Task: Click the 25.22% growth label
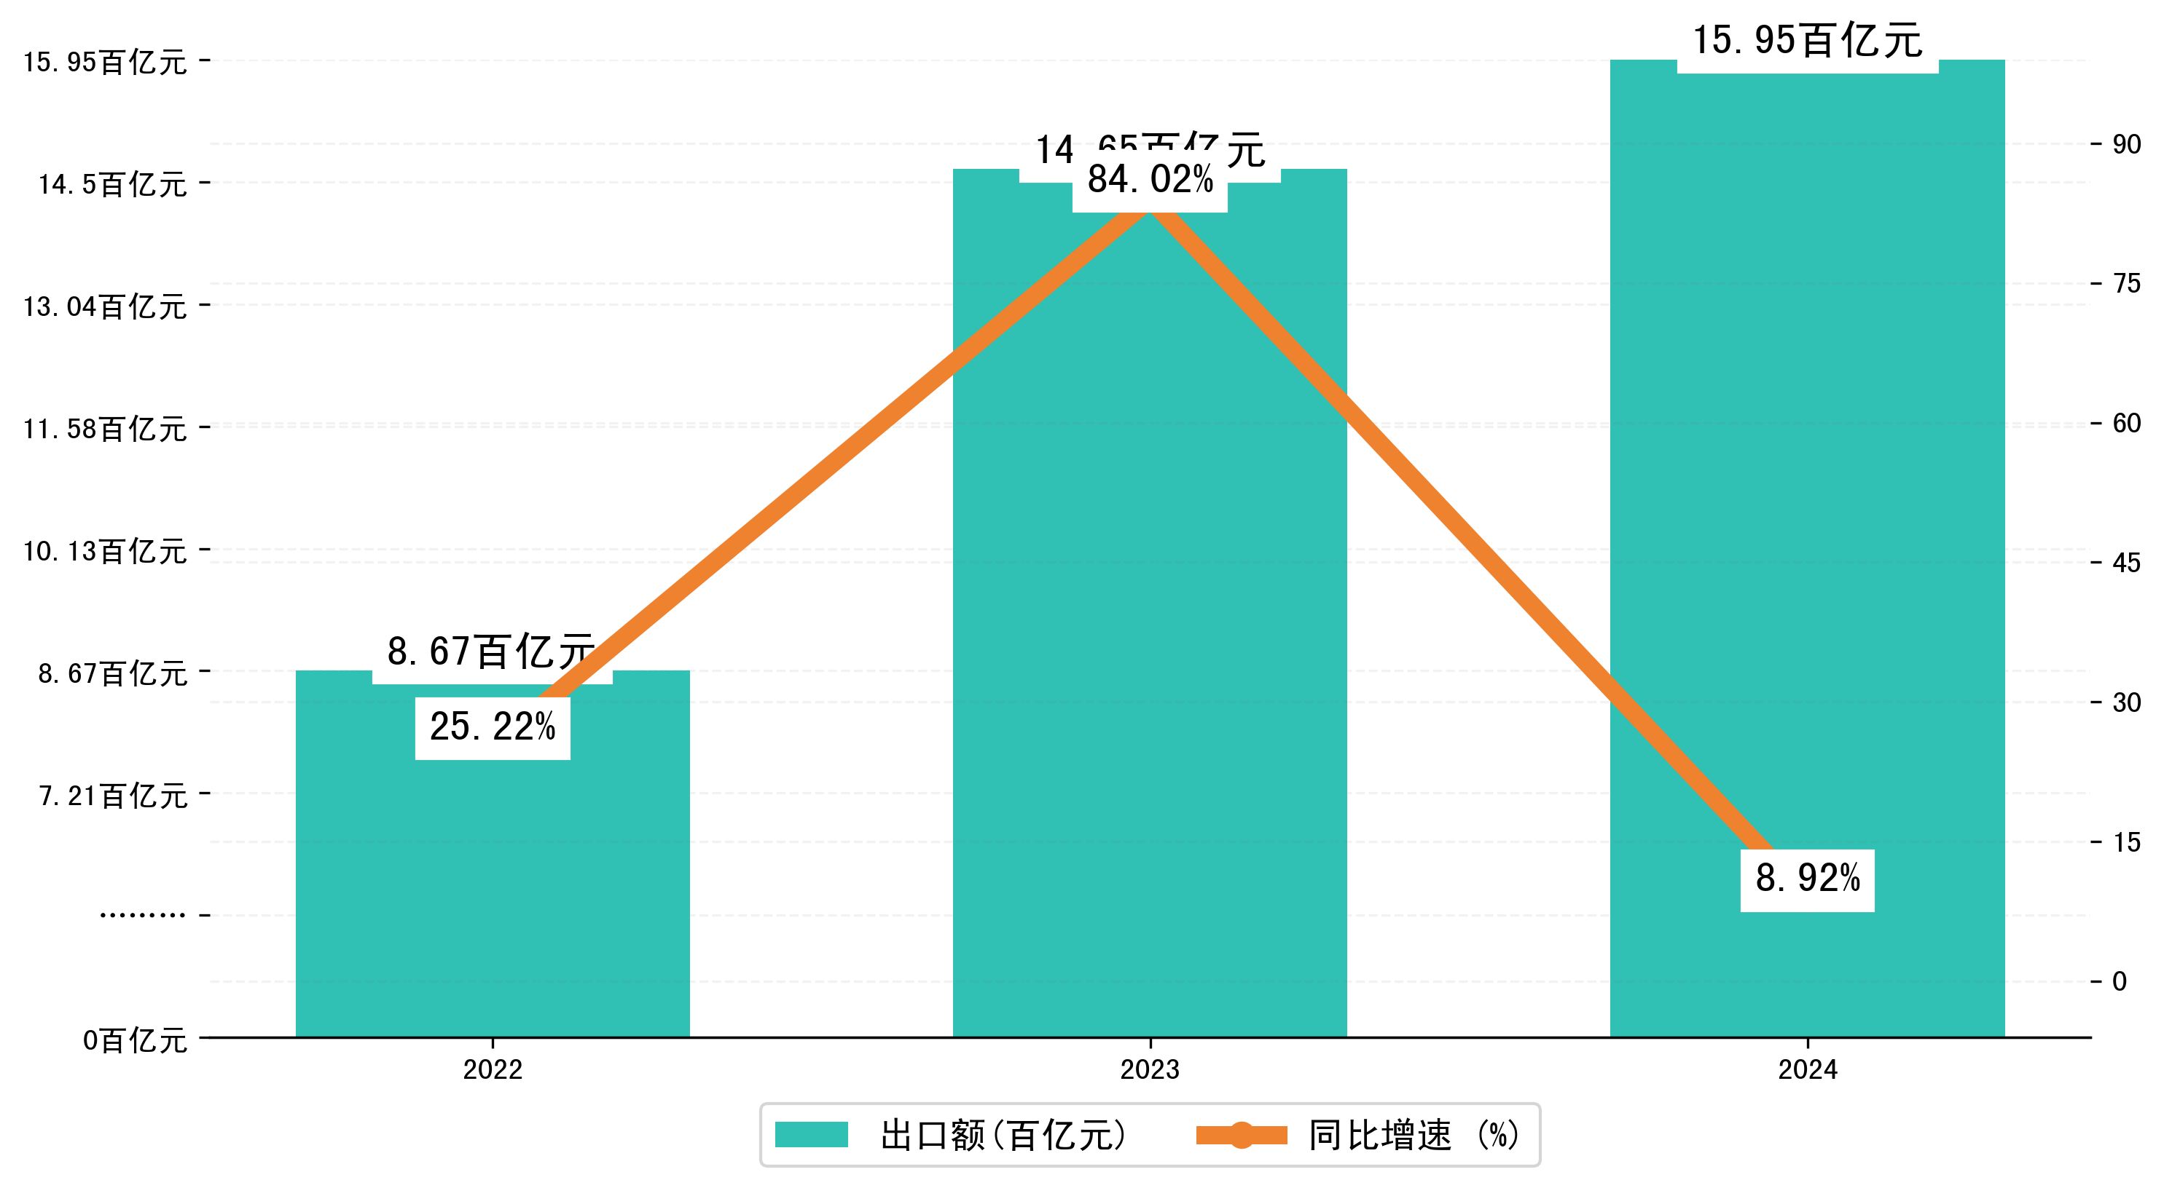point(493,727)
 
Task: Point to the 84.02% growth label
point(1149,180)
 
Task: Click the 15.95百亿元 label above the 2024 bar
point(1807,40)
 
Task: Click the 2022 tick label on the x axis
point(493,1069)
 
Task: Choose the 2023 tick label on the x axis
point(1149,1069)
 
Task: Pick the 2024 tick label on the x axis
point(1807,1069)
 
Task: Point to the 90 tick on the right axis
point(2126,144)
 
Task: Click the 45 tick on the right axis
point(2126,563)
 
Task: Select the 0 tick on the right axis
point(2120,981)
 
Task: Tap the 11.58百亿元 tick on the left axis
point(105,429)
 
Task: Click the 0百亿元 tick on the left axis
point(134,1040)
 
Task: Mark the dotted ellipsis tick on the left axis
point(142,914)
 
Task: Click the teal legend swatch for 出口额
point(811,1135)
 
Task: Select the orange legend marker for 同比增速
point(1241,1135)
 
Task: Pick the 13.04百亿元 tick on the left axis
point(105,306)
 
